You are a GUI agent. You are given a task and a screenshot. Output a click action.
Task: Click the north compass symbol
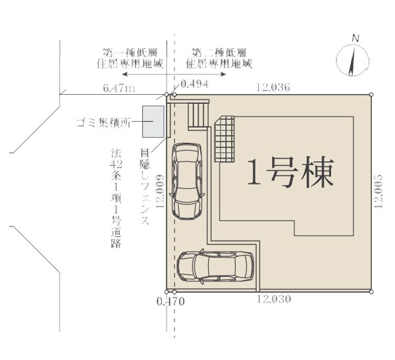(353, 59)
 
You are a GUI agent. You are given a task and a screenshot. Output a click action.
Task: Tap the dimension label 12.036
(273, 87)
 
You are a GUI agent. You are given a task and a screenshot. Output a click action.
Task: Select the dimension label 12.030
(274, 299)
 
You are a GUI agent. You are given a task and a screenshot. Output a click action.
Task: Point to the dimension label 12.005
(379, 192)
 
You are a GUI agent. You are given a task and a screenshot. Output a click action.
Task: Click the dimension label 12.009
(160, 192)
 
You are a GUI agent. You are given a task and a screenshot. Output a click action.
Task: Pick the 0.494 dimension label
(195, 84)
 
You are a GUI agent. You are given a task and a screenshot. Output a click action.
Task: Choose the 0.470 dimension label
(171, 301)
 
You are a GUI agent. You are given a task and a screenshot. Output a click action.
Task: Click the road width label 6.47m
(119, 88)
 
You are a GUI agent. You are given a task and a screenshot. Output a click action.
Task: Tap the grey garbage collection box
(153, 122)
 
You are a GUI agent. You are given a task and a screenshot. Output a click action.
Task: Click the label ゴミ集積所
(103, 122)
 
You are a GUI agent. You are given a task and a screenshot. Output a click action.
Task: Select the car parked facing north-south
(187, 181)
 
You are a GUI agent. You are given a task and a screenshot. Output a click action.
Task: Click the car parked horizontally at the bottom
(215, 267)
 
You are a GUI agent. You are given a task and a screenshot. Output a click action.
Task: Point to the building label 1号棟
(291, 172)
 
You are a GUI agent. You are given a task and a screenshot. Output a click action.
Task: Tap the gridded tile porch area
(224, 139)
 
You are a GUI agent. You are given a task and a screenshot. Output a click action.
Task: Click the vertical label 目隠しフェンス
(145, 187)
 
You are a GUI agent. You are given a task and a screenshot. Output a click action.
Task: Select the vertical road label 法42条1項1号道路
(116, 198)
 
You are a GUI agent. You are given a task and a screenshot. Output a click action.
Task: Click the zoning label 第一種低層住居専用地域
(130, 58)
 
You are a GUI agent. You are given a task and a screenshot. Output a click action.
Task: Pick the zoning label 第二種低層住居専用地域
(219, 58)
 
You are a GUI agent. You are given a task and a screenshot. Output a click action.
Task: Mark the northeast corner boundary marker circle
(371, 95)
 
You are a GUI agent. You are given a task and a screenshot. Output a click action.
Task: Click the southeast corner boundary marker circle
(371, 292)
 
